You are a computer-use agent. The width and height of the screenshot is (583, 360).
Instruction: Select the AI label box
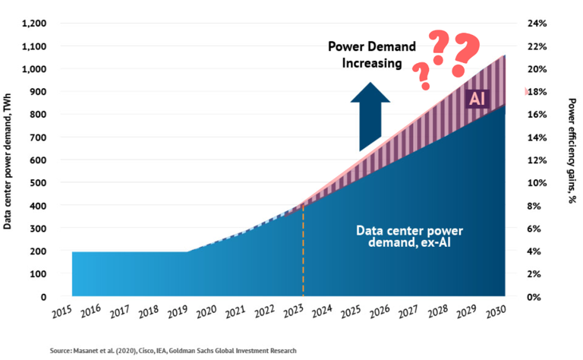click(477, 98)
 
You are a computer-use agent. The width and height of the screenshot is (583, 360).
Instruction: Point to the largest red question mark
click(464, 55)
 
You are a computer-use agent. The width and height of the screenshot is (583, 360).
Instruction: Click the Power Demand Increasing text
click(372, 55)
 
